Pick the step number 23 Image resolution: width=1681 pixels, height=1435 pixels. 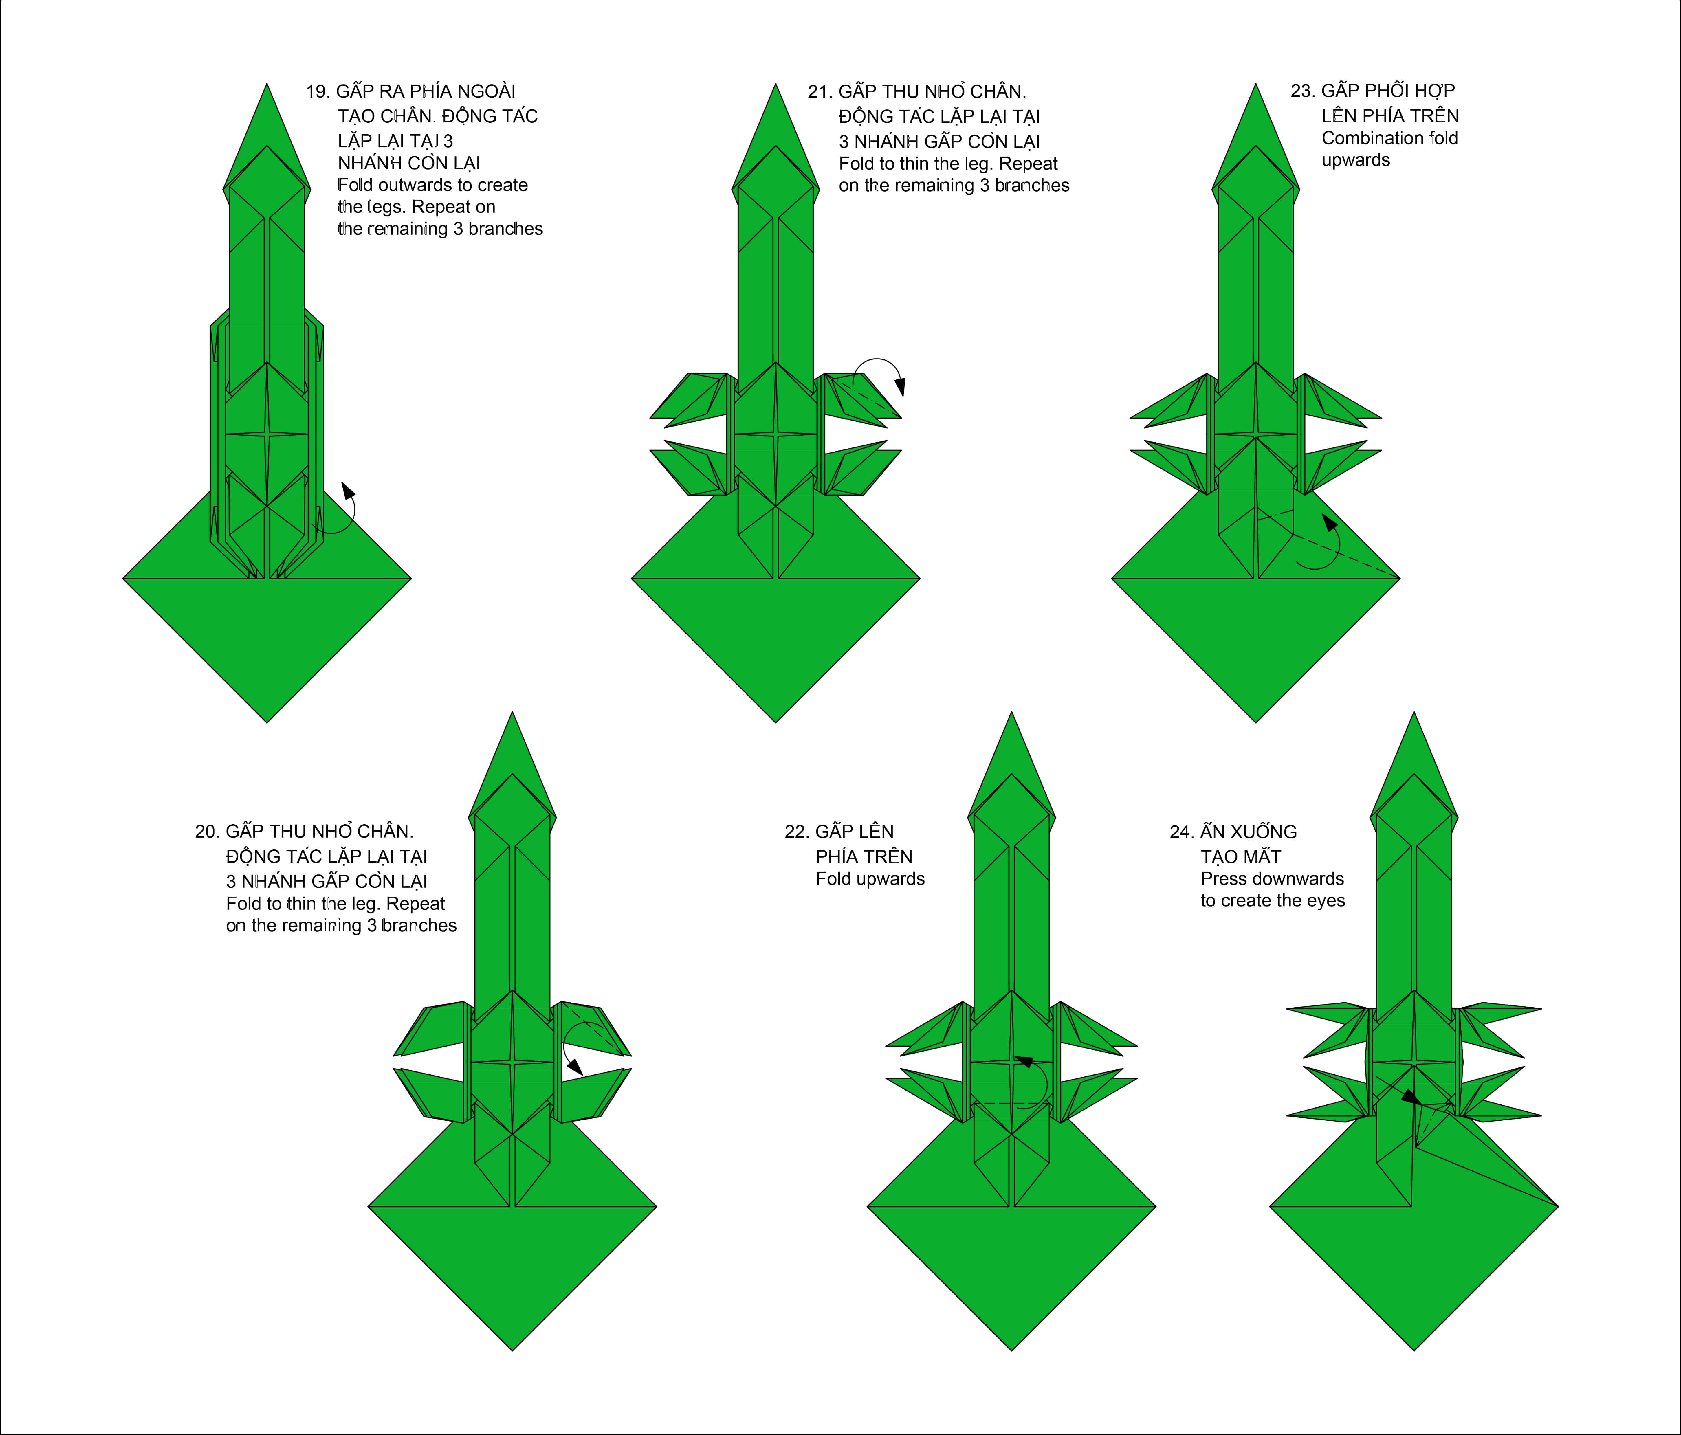pos(1302,91)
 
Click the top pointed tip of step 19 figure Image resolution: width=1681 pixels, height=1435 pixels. pos(267,84)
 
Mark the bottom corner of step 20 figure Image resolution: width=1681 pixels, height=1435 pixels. pos(513,1350)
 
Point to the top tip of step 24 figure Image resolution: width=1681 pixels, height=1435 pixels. pos(1414,712)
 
